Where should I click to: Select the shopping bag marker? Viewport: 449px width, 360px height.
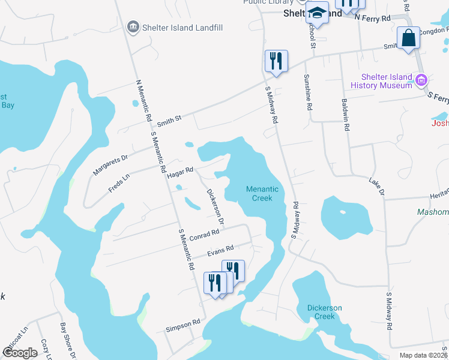tap(408, 38)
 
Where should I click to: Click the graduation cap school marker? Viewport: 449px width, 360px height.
tap(317, 13)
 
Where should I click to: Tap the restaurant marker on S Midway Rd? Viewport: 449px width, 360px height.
tap(276, 61)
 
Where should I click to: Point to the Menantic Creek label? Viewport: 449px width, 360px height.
tap(262, 193)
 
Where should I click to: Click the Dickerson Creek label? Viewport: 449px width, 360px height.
tap(324, 312)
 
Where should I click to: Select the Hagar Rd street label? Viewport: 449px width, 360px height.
tap(180, 170)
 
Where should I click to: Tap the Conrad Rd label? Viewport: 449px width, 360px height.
tap(204, 235)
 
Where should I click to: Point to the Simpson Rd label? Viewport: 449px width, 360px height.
tap(182, 324)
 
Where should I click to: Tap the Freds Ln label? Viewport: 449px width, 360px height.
tap(119, 182)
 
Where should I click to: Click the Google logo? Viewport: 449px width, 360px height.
tap(20, 352)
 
